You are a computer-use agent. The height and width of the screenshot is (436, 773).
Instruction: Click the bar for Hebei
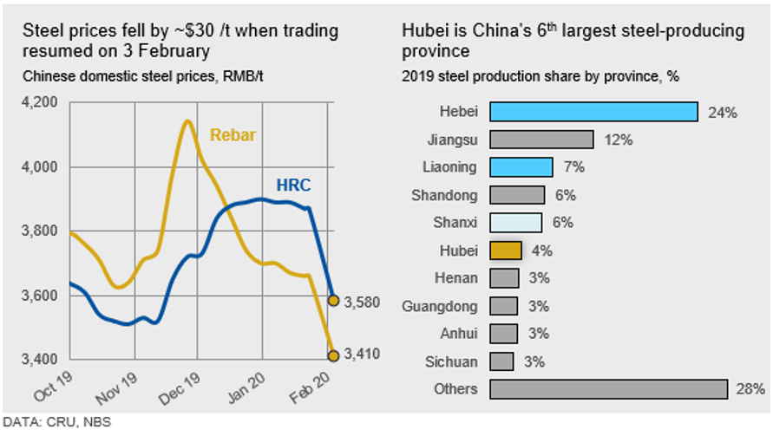click(593, 112)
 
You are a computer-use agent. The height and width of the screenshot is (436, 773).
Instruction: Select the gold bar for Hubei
click(506, 251)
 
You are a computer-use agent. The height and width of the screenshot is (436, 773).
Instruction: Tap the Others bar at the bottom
click(608, 389)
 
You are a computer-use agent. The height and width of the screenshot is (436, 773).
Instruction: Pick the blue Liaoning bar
click(521, 167)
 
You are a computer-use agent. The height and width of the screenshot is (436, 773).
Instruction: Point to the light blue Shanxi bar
click(516, 223)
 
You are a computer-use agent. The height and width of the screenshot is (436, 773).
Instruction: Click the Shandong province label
click(445, 195)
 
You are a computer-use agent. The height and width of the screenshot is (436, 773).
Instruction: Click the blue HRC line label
click(293, 185)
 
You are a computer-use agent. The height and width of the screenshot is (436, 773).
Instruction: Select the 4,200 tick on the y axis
click(39, 102)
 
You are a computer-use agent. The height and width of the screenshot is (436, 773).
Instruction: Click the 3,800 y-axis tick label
click(39, 231)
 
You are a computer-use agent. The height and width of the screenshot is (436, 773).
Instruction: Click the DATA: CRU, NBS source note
click(56, 423)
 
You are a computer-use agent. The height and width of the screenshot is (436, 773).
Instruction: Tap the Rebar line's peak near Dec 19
click(187, 121)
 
